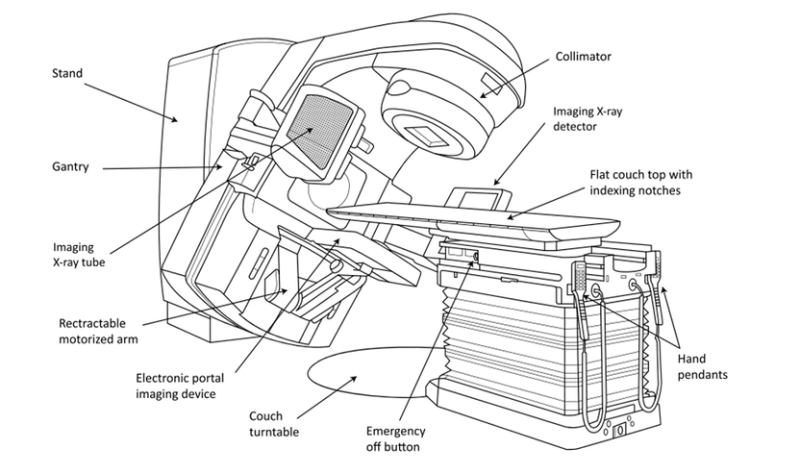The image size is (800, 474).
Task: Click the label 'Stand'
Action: click(x=67, y=73)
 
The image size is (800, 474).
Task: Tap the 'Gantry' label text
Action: click(x=70, y=167)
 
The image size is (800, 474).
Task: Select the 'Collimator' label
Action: click(x=583, y=57)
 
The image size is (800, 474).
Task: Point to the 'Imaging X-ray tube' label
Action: click(x=79, y=255)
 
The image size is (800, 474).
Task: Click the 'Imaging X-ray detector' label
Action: click(x=587, y=118)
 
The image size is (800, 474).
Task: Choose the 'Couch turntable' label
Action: click(x=274, y=424)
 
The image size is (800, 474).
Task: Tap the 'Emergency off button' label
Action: click(x=395, y=438)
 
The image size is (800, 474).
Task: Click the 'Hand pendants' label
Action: click(x=702, y=366)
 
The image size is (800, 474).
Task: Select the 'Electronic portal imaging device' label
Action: click(x=180, y=386)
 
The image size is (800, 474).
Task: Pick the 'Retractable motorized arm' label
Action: click(x=98, y=331)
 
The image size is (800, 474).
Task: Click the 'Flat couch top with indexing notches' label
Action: click(x=641, y=182)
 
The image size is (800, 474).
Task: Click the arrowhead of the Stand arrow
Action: click(x=175, y=119)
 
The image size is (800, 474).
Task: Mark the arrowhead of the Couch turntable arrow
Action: click(x=353, y=379)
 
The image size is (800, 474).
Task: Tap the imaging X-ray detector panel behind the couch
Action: click(x=480, y=198)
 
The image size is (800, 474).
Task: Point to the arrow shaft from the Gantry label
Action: click(x=162, y=167)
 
